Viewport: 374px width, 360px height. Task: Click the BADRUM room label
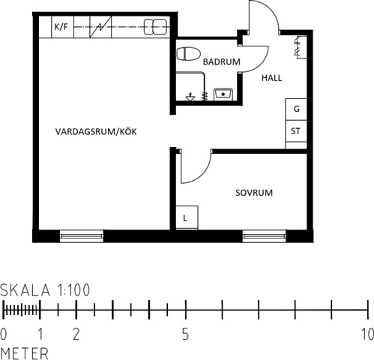[x=222, y=61]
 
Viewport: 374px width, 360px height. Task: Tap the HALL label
[x=272, y=78]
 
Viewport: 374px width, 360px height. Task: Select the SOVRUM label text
[x=254, y=193]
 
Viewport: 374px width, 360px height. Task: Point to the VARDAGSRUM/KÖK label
[x=96, y=132]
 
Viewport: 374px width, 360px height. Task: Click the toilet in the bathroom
[x=189, y=53]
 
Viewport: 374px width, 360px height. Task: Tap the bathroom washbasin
[x=223, y=94]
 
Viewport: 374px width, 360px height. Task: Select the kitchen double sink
[x=155, y=27]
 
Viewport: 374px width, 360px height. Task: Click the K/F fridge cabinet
[x=62, y=27]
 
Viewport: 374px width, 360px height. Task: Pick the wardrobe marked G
[x=296, y=109]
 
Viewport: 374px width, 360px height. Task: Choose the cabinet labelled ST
[x=296, y=131]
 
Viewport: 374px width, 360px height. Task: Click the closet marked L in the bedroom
[x=187, y=217]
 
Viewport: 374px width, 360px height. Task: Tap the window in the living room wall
[x=82, y=236]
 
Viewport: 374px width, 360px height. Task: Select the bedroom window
[x=265, y=236]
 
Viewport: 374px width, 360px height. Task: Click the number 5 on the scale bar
[x=185, y=334]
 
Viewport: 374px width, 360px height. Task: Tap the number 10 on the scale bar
[x=367, y=334]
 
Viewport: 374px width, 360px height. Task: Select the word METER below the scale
[x=25, y=353]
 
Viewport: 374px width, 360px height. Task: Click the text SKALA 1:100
[x=45, y=290]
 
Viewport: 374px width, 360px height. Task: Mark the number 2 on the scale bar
[x=76, y=334]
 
